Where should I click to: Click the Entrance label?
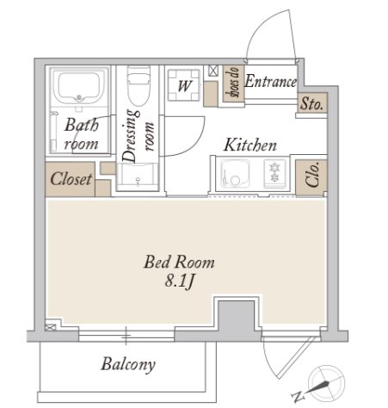point(270,81)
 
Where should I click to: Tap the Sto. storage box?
point(312,102)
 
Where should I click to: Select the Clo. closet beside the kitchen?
point(311,177)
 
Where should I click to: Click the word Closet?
point(71,179)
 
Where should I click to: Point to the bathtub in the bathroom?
point(79,87)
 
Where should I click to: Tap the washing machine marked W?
point(184,85)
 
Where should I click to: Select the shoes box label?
point(233,83)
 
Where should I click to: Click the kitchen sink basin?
point(235,173)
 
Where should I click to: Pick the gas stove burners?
point(274,173)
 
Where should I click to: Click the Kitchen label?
point(250,145)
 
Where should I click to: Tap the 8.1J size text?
point(180,281)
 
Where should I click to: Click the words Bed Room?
point(179,262)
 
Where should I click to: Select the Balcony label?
point(128,365)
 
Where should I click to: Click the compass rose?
point(326,382)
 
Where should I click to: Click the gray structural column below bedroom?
point(236,317)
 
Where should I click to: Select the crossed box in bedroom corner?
point(50,327)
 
